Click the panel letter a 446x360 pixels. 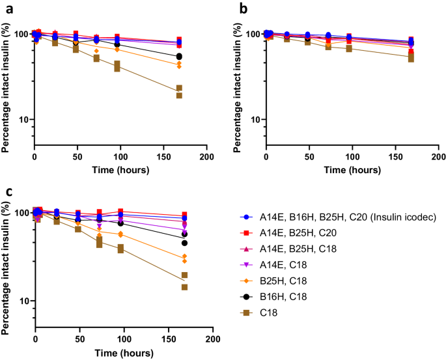5,8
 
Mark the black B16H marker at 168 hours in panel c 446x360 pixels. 184,243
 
